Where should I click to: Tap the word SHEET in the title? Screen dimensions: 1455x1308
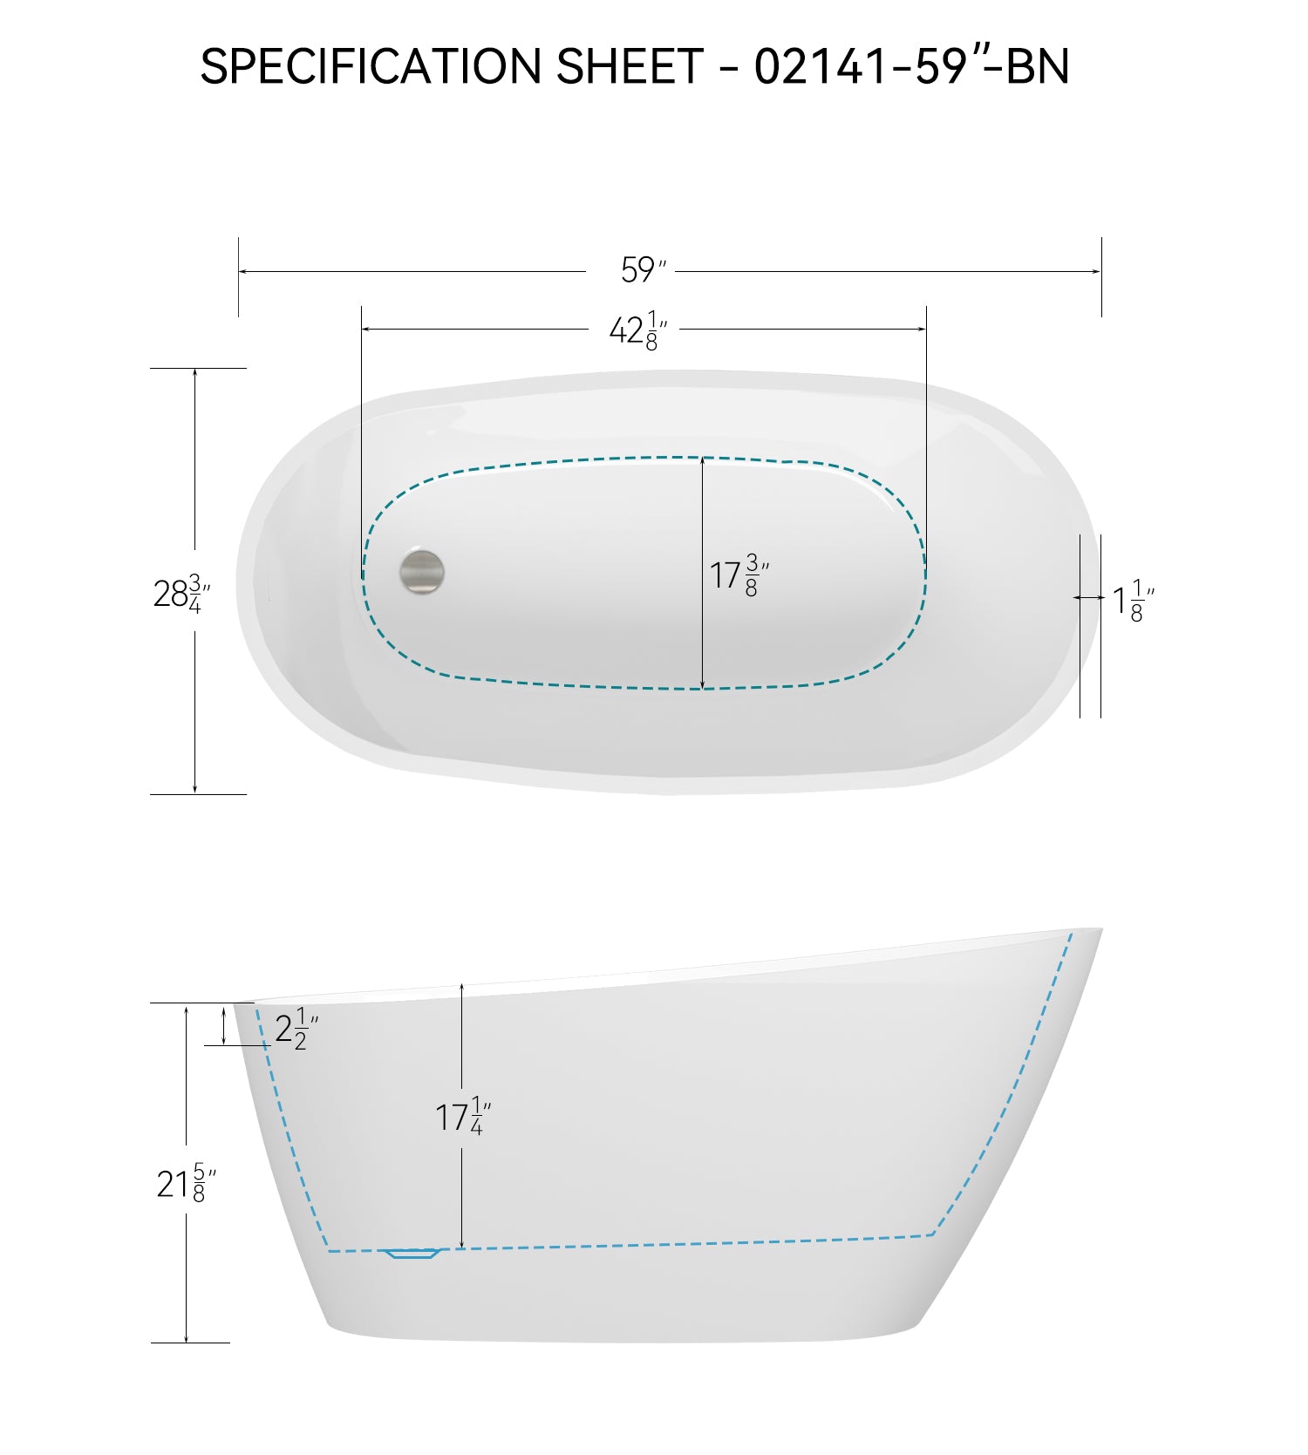click(629, 66)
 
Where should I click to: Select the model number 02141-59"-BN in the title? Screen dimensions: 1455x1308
click(911, 66)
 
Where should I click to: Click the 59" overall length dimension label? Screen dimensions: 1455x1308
click(642, 270)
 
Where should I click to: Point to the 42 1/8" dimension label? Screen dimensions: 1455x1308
click(637, 330)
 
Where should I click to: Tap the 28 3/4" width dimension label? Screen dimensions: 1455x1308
click(181, 594)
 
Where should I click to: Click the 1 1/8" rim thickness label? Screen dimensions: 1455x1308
click(1133, 601)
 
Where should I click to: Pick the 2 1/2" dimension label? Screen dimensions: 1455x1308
click(296, 1030)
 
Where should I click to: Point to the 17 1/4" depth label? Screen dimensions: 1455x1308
click(462, 1117)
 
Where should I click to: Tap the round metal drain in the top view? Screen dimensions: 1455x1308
click(422, 572)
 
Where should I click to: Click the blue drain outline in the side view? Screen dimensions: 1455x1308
click(414, 1254)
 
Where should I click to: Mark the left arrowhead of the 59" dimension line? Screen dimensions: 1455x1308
click(242, 271)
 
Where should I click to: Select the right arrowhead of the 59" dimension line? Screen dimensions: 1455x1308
click(1097, 271)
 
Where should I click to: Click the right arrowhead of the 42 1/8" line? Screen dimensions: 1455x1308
click(923, 330)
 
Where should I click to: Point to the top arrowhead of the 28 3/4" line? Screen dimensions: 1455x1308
click(194, 372)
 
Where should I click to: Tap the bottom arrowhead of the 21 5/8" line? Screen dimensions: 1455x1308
click(186, 1338)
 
